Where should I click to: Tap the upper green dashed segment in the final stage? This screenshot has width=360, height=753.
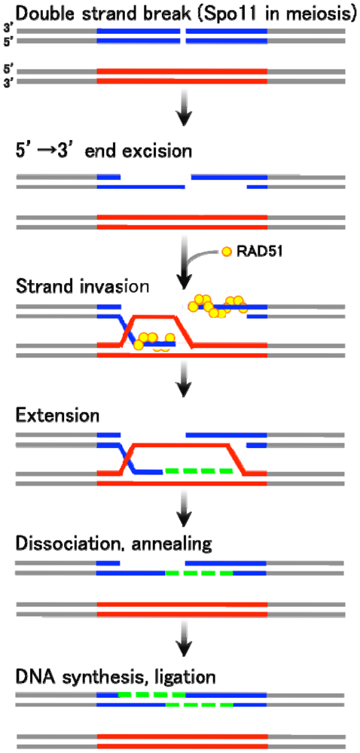pos(151,694)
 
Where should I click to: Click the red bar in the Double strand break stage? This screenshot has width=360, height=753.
pos(182,75)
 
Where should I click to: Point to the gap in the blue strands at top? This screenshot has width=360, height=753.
pos(184,35)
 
